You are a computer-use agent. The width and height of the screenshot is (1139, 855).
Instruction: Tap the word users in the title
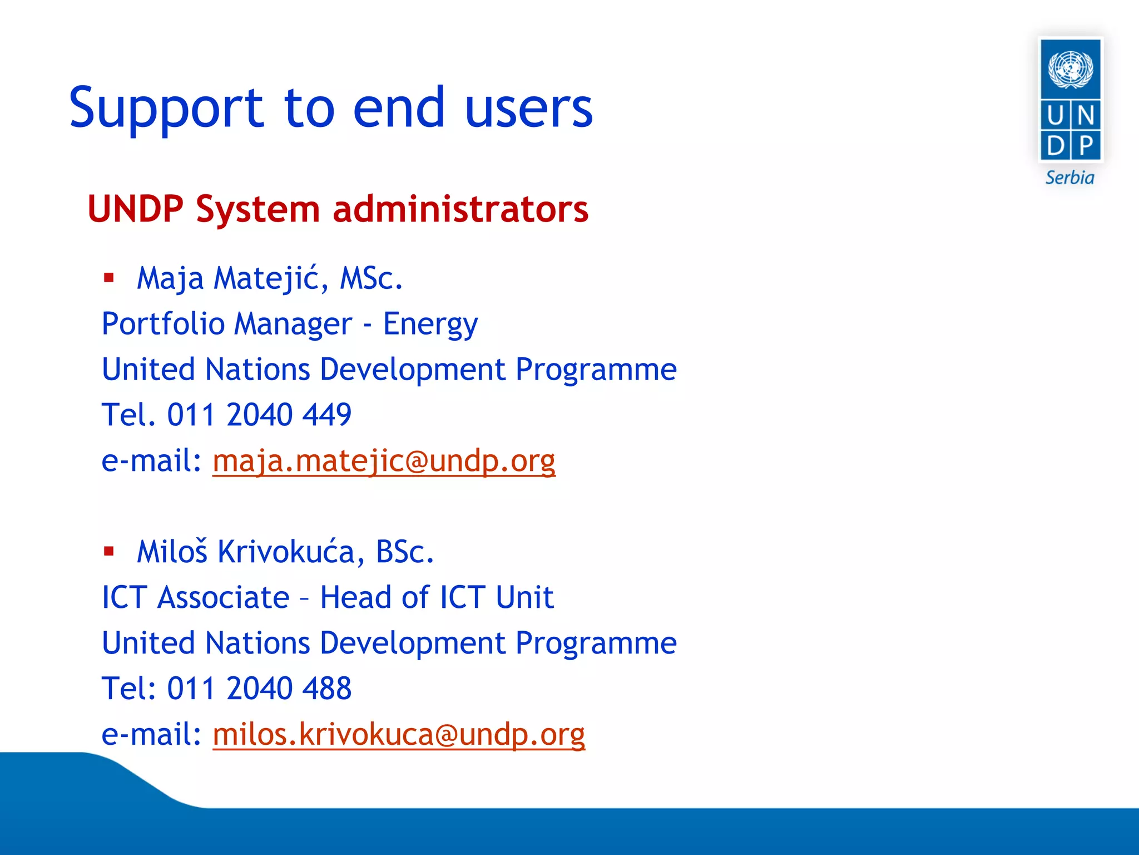(x=528, y=109)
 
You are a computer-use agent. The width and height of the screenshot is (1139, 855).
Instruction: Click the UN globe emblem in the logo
(x=1070, y=69)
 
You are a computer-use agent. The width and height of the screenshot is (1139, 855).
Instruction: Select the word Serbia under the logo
(x=1069, y=178)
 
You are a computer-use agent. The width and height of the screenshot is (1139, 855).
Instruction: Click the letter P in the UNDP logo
(x=1086, y=146)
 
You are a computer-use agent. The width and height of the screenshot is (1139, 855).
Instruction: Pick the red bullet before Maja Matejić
(x=109, y=277)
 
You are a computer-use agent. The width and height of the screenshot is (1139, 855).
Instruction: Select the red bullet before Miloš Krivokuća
(x=109, y=551)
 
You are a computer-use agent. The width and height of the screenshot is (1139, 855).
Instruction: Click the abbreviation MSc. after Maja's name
(x=371, y=278)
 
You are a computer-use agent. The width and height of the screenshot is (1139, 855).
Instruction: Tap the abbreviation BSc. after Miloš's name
(x=404, y=552)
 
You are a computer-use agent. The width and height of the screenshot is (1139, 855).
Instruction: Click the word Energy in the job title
(x=430, y=325)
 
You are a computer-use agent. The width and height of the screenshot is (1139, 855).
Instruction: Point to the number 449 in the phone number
(x=328, y=415)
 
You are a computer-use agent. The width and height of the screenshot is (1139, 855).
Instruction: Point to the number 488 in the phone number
(x=328, y=689)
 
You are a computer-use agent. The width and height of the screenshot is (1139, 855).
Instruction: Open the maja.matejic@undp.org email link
(x=384, y=461)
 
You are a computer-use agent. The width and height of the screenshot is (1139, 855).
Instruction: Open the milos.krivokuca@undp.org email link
(x=399, y=735)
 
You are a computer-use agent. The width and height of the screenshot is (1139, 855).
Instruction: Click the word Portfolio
(x=163, y=324)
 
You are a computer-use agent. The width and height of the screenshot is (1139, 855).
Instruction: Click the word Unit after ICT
(x=524, y=598)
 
